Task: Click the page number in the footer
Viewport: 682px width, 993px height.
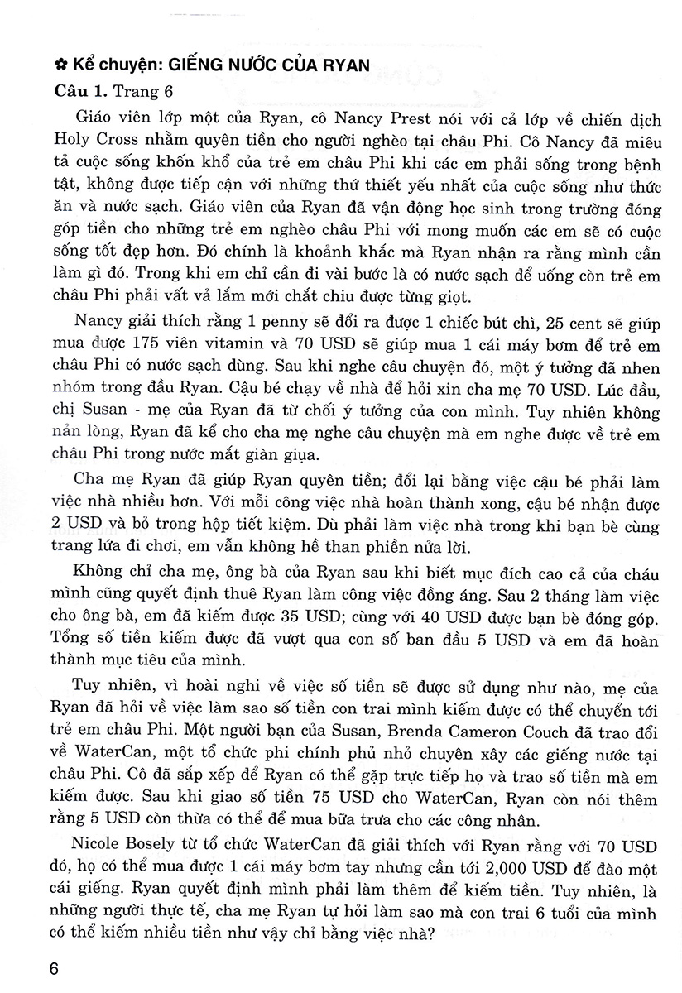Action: (x=56, y=969)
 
